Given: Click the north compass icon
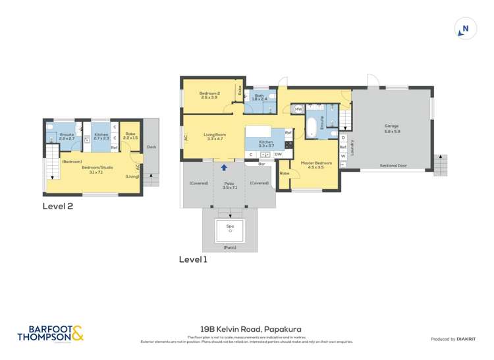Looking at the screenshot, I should pos(465,29).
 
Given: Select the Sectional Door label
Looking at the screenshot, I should pos(393,166).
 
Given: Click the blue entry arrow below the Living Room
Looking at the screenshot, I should pos(224,168).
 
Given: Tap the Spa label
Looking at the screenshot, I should pos(230,226).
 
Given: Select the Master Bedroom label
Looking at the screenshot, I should pos(316,164).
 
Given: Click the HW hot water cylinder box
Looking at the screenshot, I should pos(298,109).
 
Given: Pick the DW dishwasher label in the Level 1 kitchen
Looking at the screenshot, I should pos(278,155).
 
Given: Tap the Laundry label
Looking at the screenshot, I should pos(352,146).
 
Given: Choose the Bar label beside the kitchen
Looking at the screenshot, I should pos(261,164).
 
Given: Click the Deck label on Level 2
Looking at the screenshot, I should pos(151,147).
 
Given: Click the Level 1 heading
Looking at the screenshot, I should pos(193,259).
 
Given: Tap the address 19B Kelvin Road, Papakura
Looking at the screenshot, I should pos(246,329).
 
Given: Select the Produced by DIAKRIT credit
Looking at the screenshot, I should pos(454,339).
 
